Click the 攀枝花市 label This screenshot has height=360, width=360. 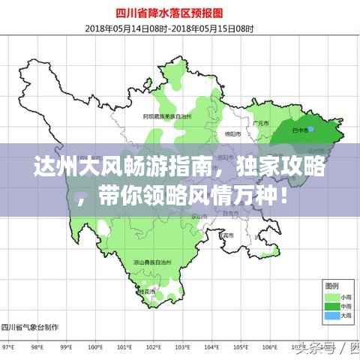click(x=148, y=291)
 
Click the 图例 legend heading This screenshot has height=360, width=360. click(x=331, y=286)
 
